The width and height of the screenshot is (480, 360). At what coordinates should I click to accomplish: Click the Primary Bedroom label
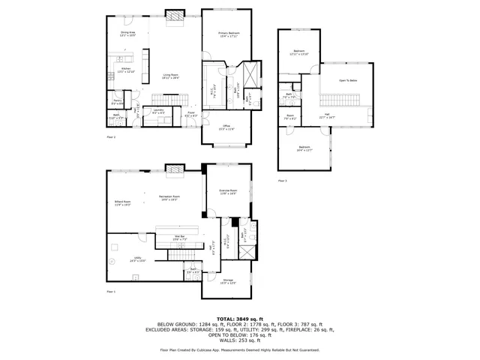coord(229,34)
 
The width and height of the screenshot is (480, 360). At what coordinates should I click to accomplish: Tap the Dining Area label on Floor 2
coord(127,33)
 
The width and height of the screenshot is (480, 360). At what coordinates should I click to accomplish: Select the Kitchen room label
coord(126,69)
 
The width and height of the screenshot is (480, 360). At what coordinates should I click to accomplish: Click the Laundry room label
coord(158,109)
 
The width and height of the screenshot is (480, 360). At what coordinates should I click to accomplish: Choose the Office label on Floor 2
coord(226,126)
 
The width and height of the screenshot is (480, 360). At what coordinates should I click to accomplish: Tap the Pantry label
coord(118,100)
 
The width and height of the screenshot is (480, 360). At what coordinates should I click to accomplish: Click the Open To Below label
coord(348,79)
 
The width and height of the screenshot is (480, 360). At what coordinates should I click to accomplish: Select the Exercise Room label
coord(227,190)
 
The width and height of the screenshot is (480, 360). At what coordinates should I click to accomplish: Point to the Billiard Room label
coord(122,202)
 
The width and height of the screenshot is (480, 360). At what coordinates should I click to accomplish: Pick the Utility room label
coord(137,258)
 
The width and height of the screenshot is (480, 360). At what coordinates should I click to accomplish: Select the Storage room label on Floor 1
coord(228,280)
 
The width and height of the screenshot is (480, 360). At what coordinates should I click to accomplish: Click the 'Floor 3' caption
coord(282,181)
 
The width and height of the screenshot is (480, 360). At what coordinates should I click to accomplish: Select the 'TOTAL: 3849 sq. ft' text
coord(239,319)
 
